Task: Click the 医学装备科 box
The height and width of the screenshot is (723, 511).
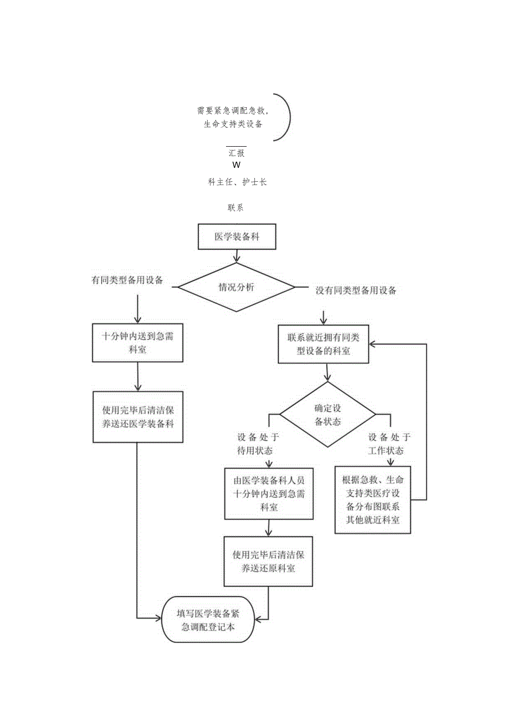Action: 237,237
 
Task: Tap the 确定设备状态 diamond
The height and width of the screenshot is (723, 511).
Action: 327,415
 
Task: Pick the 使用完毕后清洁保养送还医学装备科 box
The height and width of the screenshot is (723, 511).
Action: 138,417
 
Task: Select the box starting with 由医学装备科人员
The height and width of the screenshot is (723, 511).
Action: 269,493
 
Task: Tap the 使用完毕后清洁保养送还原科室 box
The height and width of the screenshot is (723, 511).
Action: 268,561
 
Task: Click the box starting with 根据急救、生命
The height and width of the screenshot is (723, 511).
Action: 373,500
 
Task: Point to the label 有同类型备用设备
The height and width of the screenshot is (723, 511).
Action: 127,280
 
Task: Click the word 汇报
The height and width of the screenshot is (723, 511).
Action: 237,153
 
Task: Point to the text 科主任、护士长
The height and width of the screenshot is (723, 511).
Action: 237,182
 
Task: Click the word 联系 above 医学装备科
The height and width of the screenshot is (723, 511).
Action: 236,208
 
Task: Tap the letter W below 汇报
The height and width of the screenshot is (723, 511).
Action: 237,165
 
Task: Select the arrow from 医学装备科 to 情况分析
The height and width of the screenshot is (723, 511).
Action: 238,255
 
